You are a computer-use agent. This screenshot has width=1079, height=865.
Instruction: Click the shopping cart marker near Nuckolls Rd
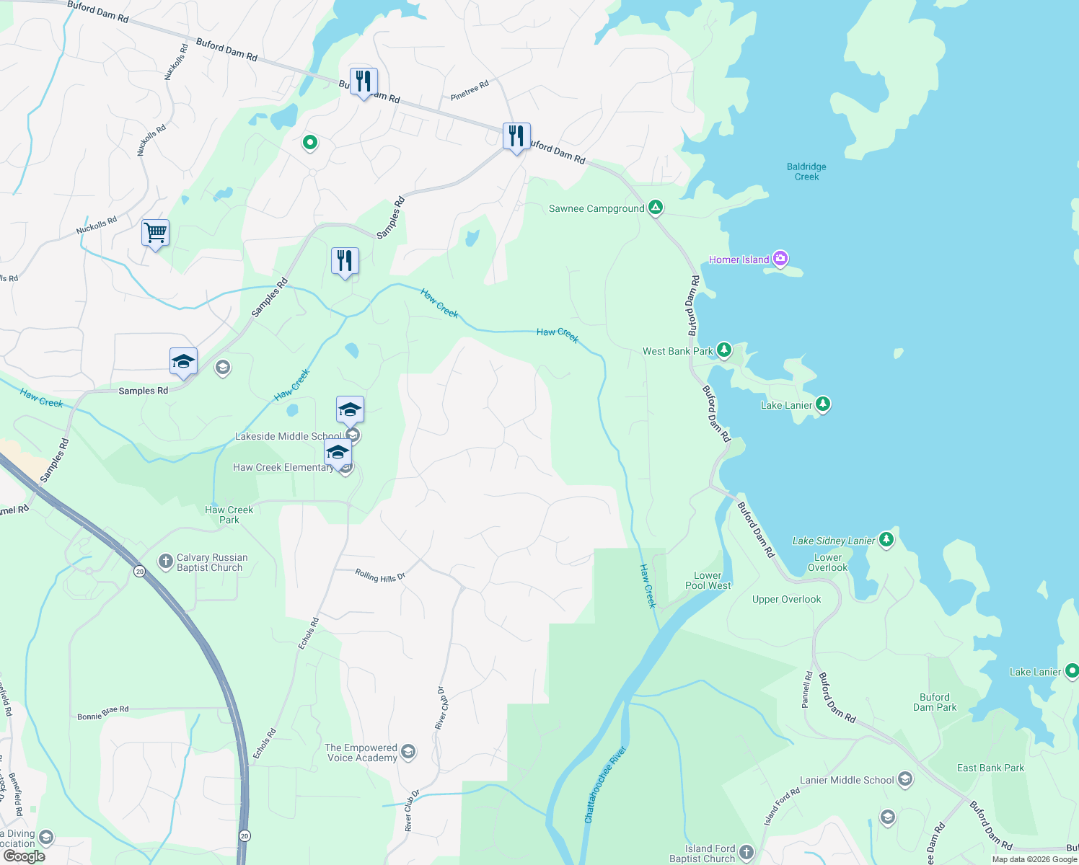(156, 233)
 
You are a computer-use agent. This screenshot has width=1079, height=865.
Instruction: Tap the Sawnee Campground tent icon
(655, 208)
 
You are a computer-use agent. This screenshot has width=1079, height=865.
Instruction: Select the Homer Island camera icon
(780, 259)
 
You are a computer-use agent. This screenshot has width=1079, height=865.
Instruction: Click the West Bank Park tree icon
(723, 351)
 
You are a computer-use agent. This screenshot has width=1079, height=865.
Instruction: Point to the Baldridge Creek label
(806, 172)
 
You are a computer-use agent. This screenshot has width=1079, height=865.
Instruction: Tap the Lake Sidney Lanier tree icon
(886, 540)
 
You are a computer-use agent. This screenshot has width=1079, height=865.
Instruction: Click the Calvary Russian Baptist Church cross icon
(165, 562)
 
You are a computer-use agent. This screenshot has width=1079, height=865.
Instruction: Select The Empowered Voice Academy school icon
(408, 753)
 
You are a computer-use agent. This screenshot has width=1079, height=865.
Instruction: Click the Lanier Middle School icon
(905, 779)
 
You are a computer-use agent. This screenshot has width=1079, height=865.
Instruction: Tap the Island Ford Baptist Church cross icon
(747, 853)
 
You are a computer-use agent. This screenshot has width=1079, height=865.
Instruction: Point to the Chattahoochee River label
(606, 785)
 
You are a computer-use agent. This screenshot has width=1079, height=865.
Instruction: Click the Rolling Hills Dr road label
(380, 575)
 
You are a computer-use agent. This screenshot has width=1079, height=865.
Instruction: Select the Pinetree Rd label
(470, 91)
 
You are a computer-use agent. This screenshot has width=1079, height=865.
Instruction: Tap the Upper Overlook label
(786, 599)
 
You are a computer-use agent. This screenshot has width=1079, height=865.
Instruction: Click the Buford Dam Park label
(935, 702)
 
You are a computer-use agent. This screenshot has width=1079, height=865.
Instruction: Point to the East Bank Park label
(990, 768)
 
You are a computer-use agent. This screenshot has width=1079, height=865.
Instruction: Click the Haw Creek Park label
(229, 515)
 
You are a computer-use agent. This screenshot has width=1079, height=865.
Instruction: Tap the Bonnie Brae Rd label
(103, 714)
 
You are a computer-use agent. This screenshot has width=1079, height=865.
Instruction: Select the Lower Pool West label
(708, 580)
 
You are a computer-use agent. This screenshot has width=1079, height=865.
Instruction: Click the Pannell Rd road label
(807, 690)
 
